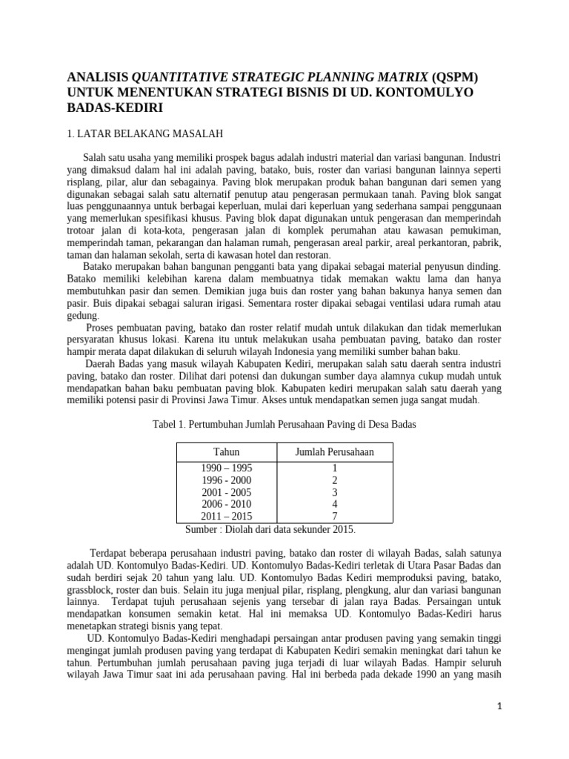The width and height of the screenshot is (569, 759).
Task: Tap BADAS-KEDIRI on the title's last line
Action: (x=115, y=107)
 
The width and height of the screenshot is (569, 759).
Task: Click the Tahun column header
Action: (x=226, y=451)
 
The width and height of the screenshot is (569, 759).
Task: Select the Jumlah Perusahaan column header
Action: (x=335, y=451)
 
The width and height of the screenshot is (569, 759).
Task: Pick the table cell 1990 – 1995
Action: (x=226, y=468)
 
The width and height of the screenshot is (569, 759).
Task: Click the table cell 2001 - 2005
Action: (x=226, y=492)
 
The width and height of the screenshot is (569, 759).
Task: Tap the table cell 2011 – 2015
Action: (x=226, y=516)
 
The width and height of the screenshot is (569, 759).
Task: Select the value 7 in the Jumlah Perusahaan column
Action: (x=335, y=516)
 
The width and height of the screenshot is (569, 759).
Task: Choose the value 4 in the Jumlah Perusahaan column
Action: (x=335, y=504)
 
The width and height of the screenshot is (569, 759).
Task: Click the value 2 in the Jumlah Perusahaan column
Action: (x=335, y=480)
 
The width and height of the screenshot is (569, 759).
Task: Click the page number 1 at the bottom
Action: (x=499, y=706)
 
